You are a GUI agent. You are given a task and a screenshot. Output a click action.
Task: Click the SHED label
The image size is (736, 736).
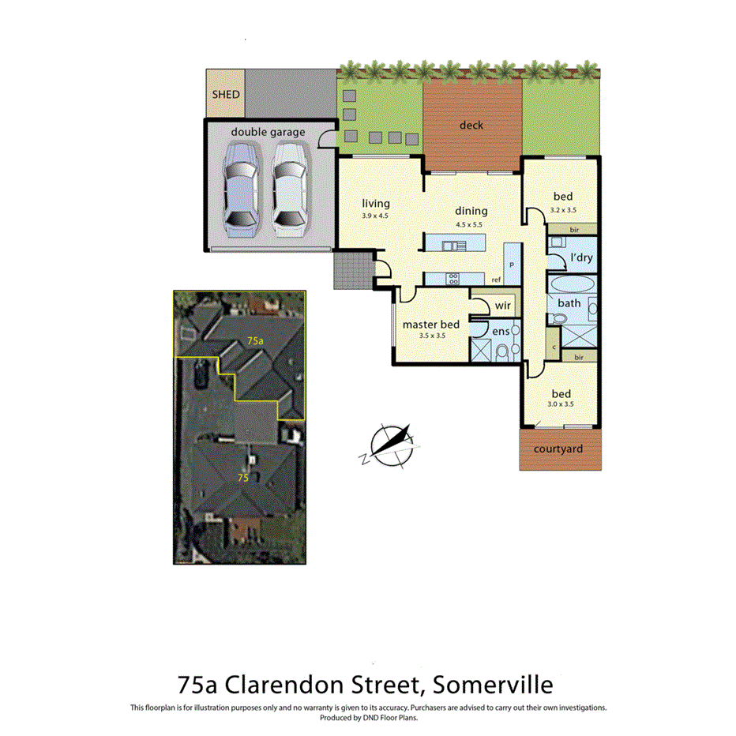point(225,94)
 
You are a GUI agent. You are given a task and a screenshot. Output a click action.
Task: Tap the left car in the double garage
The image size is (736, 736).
point(240,190)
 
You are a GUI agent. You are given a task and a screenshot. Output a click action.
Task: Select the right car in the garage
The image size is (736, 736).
point(289,190)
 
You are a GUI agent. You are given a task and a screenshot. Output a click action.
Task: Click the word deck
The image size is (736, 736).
point(471,125)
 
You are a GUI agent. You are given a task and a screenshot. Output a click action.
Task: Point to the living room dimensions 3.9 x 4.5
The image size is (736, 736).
point(375,216)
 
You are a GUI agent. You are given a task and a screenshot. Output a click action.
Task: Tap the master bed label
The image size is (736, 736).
point(430,324)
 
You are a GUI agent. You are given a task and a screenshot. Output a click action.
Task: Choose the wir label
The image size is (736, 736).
point(503,305)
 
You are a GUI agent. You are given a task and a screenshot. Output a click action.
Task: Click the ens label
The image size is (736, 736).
point(501,332)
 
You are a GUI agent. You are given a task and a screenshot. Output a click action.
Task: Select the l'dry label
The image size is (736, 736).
point(581,257)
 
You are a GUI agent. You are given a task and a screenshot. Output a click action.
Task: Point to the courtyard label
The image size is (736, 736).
point(558,449)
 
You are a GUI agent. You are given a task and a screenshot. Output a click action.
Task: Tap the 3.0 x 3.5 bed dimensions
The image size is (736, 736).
point(561,404)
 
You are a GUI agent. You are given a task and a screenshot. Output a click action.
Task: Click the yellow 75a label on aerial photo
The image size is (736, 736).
point(254,340)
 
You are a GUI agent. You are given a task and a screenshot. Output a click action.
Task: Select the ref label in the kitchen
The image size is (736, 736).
point(496,280)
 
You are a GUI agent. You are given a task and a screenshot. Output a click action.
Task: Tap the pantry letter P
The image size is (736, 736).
point(511,265)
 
